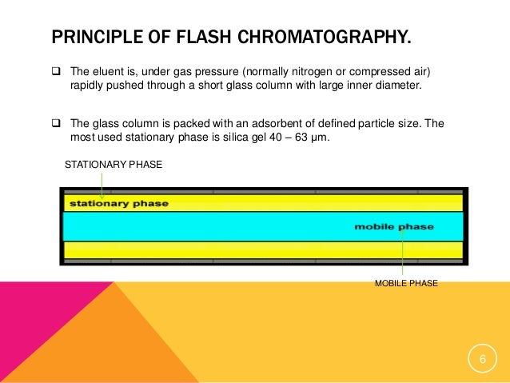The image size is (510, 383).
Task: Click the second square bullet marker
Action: point(57,124)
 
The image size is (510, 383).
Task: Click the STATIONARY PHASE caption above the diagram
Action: point(113,165)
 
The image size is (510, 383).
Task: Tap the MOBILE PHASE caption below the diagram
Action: point(406,282)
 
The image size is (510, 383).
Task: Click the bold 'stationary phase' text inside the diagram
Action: point(119,203)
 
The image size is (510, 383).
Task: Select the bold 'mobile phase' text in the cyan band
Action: point(394,227)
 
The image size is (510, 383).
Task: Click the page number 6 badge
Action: point(482,362)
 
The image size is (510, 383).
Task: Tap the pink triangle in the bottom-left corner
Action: point(32,320)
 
